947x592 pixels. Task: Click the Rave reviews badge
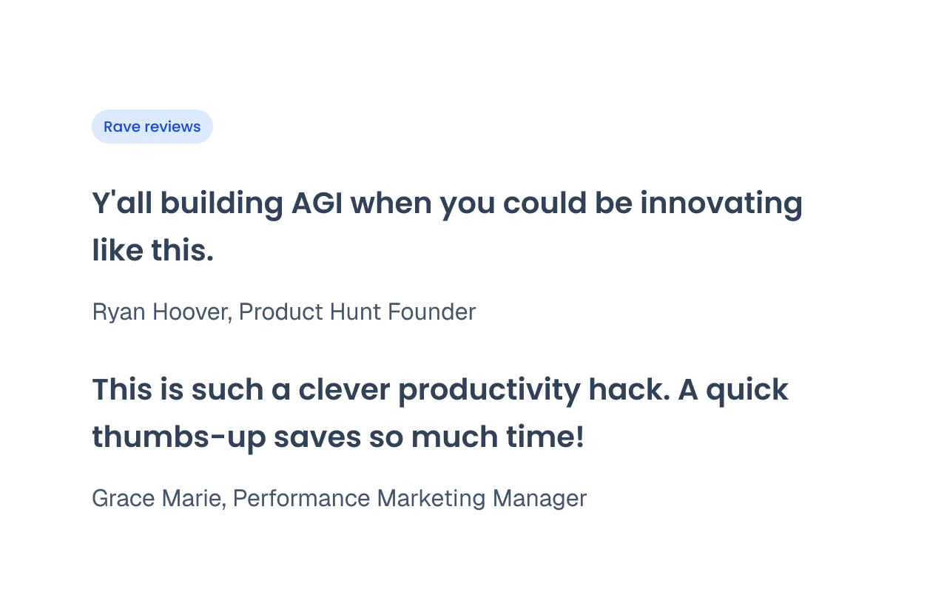coord(152,127)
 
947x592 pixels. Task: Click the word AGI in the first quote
coord(317,203)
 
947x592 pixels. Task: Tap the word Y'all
coord(122,203)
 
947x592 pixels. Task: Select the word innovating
coord(721,204)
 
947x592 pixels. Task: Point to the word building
coord(221,205)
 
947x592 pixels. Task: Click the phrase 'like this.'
coord(153,250)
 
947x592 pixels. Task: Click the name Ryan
coord(119,313)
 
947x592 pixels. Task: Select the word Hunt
coord(355,312)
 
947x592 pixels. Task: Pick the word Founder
coord(431,312)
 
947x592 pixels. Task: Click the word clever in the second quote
coord(344,389)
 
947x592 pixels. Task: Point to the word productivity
coord(489,391)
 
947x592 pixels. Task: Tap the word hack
coord(629,389)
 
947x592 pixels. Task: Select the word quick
coord(747,391)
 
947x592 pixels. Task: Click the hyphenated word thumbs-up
coord(179,438)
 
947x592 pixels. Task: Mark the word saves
coord(317,437)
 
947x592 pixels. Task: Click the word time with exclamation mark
coord(545,437)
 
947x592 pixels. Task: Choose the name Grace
coord(123,499)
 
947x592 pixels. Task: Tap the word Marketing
coord(431,499)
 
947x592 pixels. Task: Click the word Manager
coord(539,499)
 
